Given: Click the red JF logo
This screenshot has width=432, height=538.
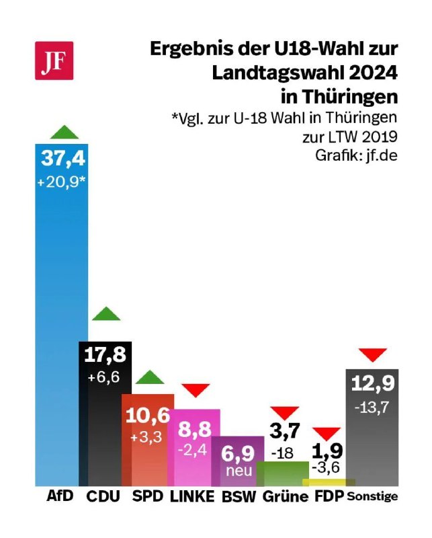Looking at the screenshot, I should tap(54, 61).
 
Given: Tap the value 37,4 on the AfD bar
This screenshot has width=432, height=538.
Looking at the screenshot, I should tap(63, 159).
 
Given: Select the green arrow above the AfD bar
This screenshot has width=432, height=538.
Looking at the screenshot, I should tap(63, 132).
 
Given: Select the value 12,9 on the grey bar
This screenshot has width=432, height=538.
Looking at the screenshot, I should tap(371, 385).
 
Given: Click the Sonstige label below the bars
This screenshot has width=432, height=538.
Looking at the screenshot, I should tap(372, 498).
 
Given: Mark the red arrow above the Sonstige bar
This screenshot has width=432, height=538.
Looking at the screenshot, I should tap(373, 354).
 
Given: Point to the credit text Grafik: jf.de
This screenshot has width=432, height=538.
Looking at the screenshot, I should tap(357, 154).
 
